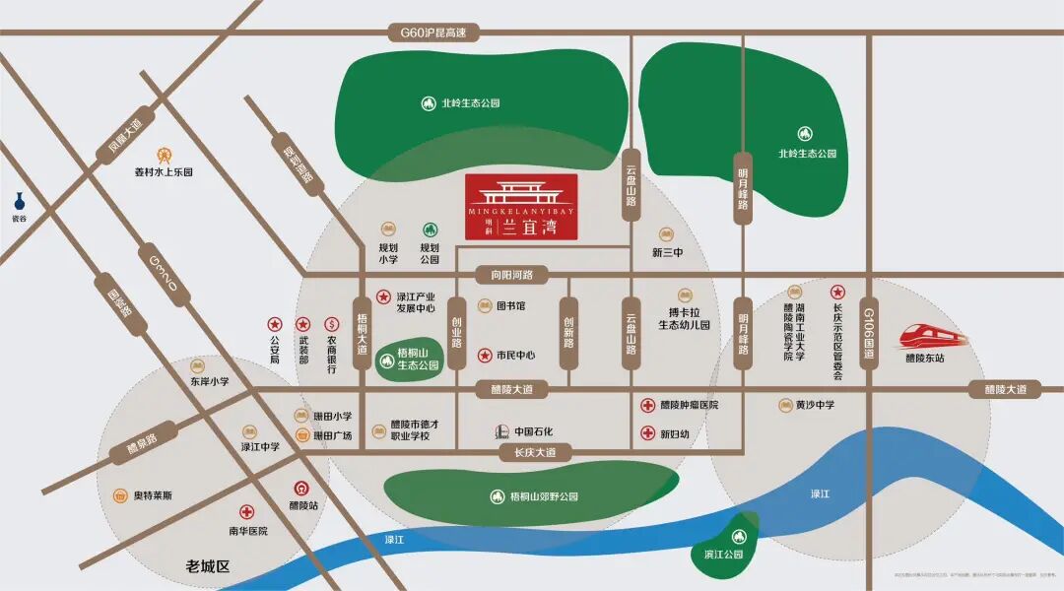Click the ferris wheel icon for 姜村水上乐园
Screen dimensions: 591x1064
(165, 155)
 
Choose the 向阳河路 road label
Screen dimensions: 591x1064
(504, 275)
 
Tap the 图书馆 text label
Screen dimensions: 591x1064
(509, 306)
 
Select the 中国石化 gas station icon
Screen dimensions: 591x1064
(501, 431)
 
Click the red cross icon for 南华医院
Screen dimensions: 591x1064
(247, 512)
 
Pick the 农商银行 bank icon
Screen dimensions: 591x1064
(331, 324)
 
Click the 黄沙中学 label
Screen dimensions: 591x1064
(814, 405)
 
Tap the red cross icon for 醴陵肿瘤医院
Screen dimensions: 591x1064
(648, 405)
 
